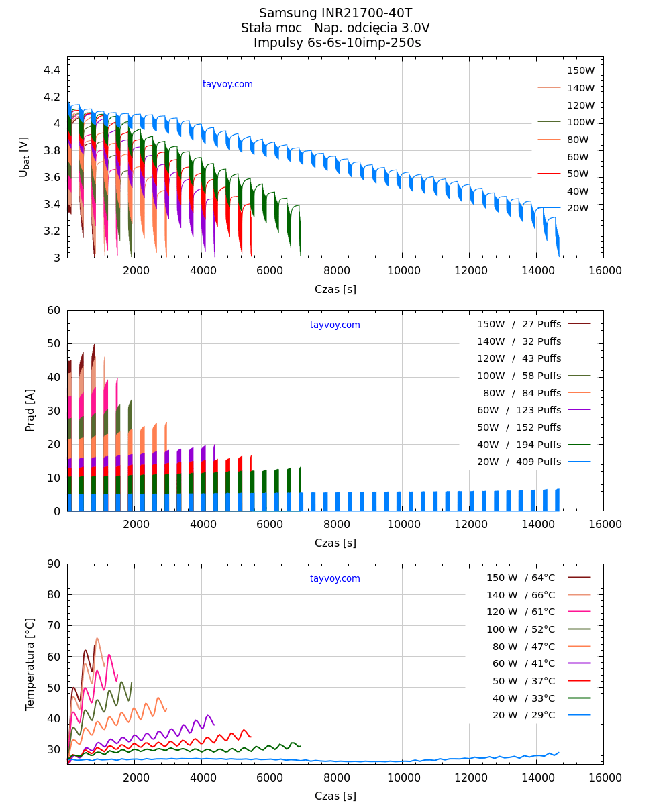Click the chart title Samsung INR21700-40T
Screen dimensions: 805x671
point(335,13)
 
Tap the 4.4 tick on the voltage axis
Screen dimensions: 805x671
point(52,70)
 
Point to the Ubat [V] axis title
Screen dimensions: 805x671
point(24,157)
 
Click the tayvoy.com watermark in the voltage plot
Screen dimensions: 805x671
point(227,84)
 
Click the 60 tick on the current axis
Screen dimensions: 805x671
point(54,310)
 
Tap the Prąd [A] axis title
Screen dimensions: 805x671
point(30,410)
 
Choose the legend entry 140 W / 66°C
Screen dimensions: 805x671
point(521,595)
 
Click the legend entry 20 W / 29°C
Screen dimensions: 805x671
point(523,715)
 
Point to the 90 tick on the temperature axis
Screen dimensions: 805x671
point(54,563)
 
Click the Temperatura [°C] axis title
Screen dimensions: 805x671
point(30,664)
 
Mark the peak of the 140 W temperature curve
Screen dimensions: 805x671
point(97,638)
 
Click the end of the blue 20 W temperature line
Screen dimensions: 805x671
point(558,752)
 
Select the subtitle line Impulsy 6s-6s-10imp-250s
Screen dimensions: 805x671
point(337,43)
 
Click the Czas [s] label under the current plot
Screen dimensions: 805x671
point(335,543)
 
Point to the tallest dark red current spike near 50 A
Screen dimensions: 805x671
point(94,345)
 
